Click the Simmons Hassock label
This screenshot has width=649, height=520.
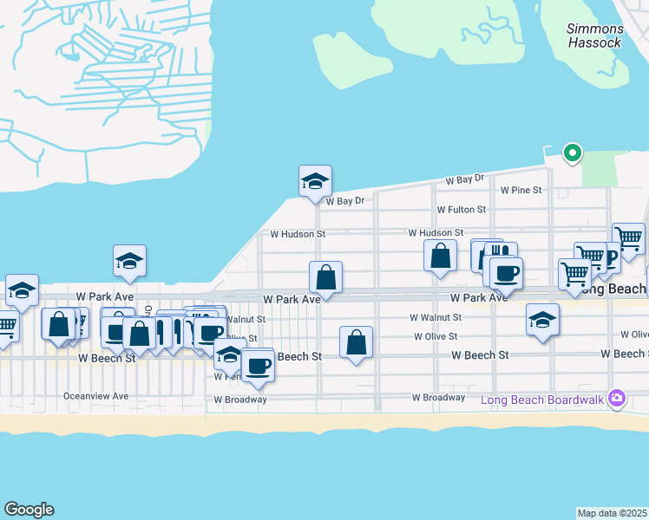594,36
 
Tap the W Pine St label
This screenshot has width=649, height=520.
521,190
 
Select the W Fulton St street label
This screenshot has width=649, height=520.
461,210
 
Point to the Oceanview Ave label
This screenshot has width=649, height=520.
95,396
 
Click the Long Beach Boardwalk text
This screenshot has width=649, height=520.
543,400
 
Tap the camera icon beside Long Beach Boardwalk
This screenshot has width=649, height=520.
617,399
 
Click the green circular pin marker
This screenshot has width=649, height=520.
572,153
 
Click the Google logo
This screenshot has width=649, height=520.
29,510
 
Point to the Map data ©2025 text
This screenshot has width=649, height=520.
613,513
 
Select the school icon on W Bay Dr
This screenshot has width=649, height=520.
315,181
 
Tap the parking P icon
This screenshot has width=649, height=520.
611,257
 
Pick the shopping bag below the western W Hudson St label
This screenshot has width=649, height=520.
325,277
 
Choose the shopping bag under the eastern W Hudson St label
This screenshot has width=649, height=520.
440,256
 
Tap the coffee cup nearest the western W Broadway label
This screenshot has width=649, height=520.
257,366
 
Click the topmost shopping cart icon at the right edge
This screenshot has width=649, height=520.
628,237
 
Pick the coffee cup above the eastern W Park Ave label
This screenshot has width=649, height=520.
507,273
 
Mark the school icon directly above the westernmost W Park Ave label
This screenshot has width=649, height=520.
129,261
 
